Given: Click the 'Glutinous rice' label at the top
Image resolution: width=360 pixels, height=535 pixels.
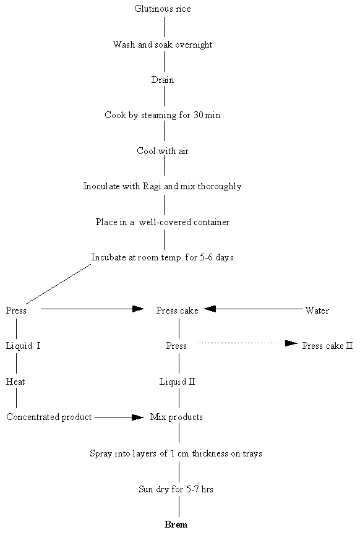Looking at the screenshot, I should coord(163,9).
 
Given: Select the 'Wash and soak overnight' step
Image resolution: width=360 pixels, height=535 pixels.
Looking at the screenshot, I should coord(163,45).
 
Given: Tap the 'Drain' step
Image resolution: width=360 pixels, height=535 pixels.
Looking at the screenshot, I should coord(163,80).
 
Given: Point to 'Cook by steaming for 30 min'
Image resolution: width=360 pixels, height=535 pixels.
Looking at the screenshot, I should coord(163,116).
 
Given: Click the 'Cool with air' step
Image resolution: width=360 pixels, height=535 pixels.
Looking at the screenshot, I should coord(163,151).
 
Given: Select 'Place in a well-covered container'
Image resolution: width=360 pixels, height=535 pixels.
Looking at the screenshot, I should coord(163,222).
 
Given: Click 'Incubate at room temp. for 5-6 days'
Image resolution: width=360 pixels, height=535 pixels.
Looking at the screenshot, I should coord(163,257).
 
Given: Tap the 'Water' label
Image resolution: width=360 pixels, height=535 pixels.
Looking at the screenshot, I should coord(317,310).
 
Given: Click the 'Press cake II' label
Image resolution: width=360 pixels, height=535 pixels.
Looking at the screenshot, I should coord(327,346).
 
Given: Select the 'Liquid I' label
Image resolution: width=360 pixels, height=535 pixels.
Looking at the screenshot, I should coord(24,346).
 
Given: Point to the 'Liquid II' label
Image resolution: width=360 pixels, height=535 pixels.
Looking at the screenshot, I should coord(178,382).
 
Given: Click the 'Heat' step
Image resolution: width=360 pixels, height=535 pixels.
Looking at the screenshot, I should coord(15,382).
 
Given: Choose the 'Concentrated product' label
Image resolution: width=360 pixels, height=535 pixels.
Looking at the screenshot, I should coord(49,417).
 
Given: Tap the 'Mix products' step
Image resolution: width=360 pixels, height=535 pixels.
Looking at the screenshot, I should coord(176,417).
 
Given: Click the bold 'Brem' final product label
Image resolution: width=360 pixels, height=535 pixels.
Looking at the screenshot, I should coord(176,524).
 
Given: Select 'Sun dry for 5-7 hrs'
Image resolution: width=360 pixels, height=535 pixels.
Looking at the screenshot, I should coord(176,489).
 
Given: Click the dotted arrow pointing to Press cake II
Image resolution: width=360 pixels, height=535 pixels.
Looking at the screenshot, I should coord(247,343).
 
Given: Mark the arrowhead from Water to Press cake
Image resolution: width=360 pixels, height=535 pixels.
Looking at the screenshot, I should coord(210,308).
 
